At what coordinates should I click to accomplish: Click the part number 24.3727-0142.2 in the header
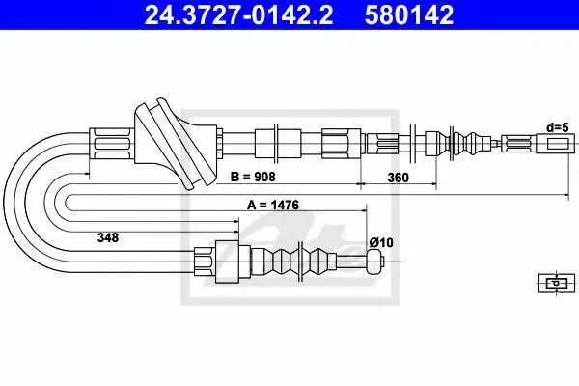tap(238, 14)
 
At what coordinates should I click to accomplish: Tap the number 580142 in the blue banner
tap(409, 14)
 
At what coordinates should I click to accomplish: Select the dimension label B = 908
tap(253, 177)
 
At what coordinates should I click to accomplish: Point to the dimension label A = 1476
tap(273, 205)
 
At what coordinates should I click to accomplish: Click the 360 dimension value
tap(398, 178)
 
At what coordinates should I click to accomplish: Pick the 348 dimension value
tap(108, 237)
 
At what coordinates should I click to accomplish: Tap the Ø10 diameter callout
tap(381, 242)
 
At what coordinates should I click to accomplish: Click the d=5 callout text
tap(558, 127)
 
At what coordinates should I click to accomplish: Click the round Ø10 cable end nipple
tap(374, 262)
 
